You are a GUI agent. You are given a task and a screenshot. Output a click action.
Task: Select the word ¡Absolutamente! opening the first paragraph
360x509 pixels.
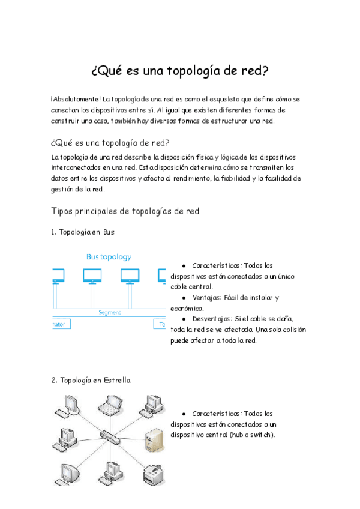[x=76, y=98]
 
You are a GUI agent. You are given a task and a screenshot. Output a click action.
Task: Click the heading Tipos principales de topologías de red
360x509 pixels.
[x=125, y=211]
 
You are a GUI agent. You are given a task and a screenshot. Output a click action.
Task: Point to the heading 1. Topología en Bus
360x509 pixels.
[x=83, y=232]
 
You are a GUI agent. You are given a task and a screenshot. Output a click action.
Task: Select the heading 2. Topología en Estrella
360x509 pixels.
[x=91, y=380]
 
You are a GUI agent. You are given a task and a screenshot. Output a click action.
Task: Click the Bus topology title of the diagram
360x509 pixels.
[x=109, y=256]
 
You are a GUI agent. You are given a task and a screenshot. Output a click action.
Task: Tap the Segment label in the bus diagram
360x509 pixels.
[x=110, y=312]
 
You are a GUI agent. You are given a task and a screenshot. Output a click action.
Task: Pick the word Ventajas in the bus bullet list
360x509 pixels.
[x=206, y=297]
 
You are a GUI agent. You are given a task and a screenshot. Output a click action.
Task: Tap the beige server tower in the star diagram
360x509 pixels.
[x=152, y=439]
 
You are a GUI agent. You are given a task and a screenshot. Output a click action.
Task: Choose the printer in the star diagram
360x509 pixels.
[x=154, y=474]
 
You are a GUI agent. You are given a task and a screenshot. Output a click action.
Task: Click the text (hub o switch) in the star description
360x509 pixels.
[x=251, y=435]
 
